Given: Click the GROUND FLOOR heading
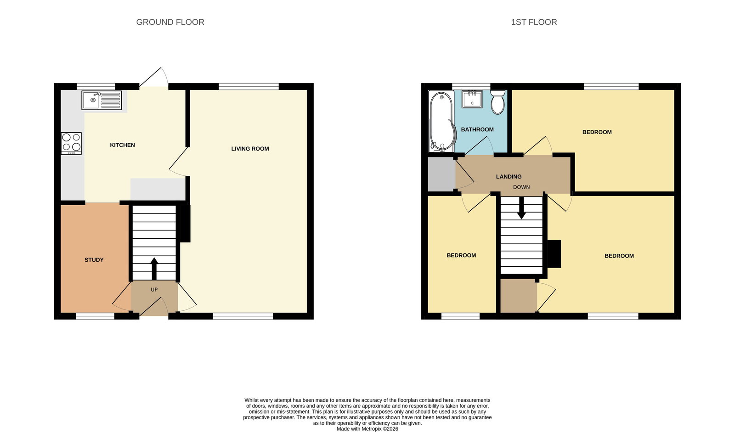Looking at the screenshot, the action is pos(170,22).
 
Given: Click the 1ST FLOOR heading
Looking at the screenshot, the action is pos(534,22).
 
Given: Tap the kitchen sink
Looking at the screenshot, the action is pos(102,100).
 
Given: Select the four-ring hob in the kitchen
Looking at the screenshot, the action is pos(71,143).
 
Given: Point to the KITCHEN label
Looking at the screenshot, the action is pos(122,145).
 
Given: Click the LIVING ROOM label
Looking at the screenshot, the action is pos(250,149).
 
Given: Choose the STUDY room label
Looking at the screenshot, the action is pos(94,260).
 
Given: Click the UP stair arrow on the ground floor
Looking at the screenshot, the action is pos(154,268).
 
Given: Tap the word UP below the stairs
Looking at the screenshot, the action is pos(154,290).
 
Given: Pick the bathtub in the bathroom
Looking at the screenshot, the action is pos(442,121).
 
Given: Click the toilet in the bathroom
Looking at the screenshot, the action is pos(498,102).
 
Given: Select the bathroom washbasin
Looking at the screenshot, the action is pos(472,99).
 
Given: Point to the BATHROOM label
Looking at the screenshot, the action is pos(477,129).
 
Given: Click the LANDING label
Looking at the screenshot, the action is pos(509,176).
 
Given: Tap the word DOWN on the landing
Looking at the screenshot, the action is pos(521,187).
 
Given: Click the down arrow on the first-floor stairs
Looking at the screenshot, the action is pos(521,208).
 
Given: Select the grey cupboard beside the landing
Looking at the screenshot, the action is pos(441,174).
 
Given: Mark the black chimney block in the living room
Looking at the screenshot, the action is pos(185,224).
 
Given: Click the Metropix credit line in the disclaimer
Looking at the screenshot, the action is pos(367,429).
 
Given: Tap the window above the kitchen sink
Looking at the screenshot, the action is pos(96,87).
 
